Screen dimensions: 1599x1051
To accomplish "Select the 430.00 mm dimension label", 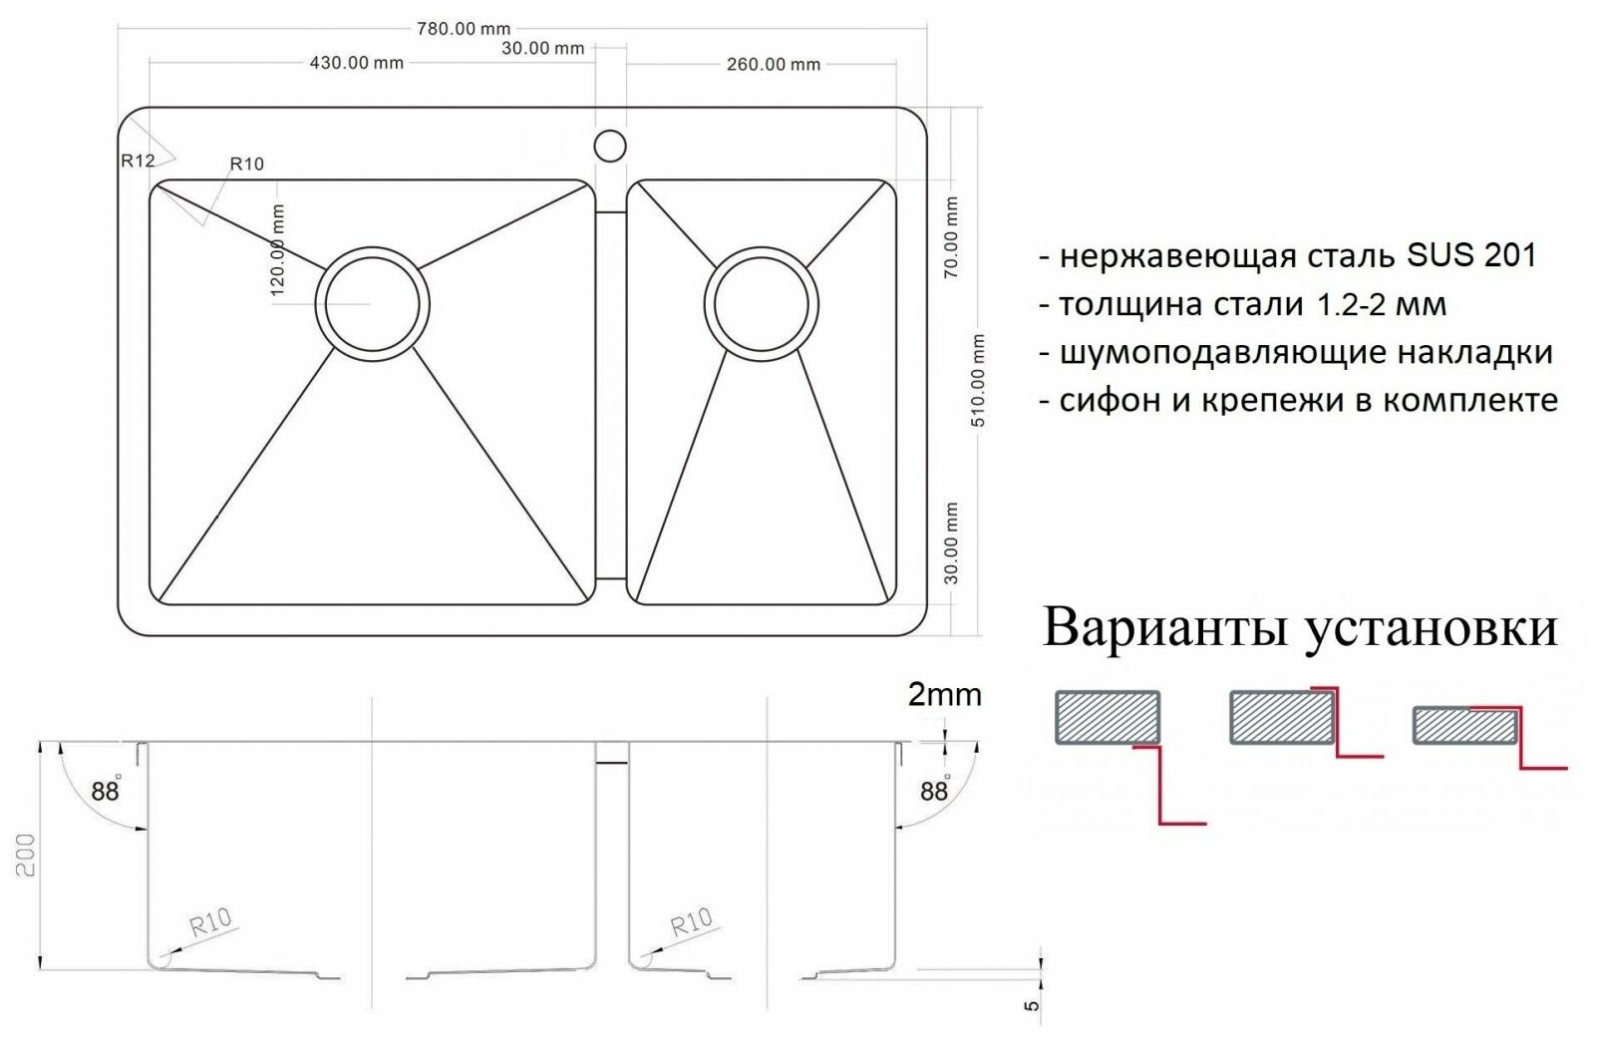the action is (356, 63).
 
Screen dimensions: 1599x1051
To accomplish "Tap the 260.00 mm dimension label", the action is (774, 64).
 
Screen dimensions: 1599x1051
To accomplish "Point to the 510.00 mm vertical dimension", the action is (978, 381).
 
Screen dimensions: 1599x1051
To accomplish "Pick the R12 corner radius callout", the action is (138, 160).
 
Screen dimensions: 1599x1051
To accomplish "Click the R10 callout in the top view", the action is (246, 164).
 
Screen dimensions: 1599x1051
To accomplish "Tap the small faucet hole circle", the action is (610, 146).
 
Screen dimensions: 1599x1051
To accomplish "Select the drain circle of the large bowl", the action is (372, 302).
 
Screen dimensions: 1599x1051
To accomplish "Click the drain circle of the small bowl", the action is (761, 302).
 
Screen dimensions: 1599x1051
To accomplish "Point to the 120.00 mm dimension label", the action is (278, 250).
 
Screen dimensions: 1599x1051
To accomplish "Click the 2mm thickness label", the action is (944, 694).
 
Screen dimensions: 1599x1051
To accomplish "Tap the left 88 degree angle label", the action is (105, 791).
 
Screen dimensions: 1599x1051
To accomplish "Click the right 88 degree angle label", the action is (934, 791).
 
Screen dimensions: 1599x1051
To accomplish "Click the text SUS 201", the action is (1471, 256).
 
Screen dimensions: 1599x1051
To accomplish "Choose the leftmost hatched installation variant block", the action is (1108, 717).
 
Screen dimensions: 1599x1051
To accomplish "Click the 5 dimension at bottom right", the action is (1033, 1004).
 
